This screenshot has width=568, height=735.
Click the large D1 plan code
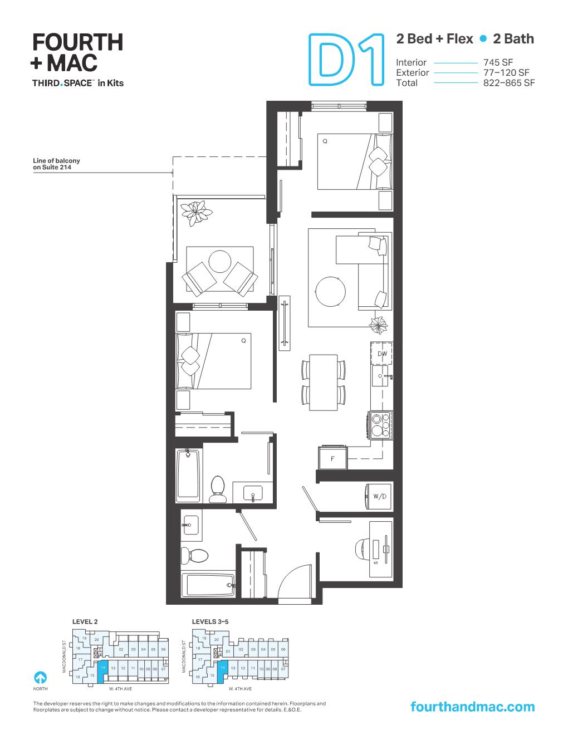(x=346, y=61)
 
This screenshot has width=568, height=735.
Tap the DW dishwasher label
(x=382, y=354)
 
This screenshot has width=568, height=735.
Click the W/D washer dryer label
(x=380, y=496)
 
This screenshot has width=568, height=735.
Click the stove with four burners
(x=380, y=425)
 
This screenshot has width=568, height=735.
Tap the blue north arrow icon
(x=40, y=678)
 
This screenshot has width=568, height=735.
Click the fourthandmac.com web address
(x=472, y=707)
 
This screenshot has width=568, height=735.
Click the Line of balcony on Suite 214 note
(x=56, y=163)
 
